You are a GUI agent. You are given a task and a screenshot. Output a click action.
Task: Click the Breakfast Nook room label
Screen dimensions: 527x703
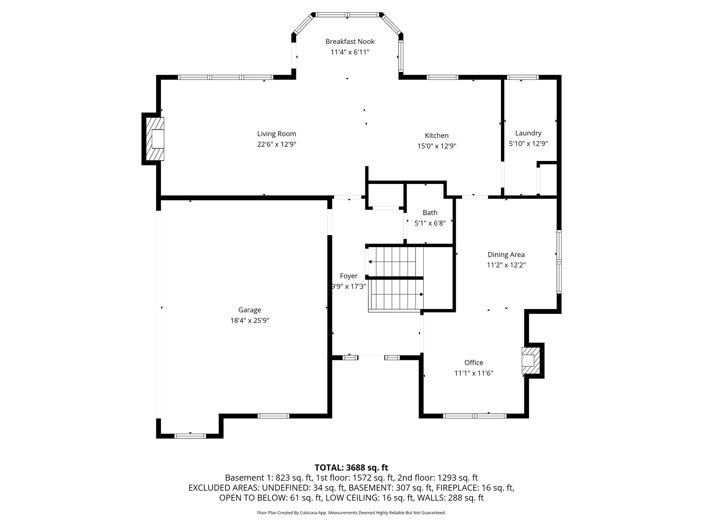point(350,42)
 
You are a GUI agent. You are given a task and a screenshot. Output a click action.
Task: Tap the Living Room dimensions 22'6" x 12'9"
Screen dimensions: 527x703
point(277,144)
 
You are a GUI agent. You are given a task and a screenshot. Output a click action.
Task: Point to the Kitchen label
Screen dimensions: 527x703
point(437,136)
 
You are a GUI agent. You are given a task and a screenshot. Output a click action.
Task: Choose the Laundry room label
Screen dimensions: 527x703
point(528,133)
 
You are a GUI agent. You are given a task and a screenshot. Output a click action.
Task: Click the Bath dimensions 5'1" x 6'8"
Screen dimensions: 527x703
point(430,223)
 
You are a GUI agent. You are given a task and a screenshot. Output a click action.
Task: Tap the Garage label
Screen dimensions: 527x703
point(250,310)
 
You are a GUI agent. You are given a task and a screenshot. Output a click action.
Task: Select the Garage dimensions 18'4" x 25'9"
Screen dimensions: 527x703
point(250,320)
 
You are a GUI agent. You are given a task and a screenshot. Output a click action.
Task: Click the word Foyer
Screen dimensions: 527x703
point(348,276)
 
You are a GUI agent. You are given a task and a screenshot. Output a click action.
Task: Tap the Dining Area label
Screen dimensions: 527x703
point(506,255)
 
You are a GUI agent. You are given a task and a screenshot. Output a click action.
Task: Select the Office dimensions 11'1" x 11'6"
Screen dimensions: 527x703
point(474,373)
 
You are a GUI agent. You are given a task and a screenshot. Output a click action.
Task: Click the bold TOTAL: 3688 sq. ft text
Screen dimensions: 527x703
point(351,468)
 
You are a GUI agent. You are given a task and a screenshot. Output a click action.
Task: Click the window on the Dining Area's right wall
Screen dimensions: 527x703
point(559,262)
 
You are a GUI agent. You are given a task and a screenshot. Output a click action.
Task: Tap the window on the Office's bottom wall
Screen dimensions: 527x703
point(475,416)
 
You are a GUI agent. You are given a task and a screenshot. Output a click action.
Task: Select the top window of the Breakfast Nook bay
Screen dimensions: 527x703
point(348,15)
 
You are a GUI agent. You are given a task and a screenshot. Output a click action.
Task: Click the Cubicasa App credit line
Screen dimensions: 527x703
point(351,513)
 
